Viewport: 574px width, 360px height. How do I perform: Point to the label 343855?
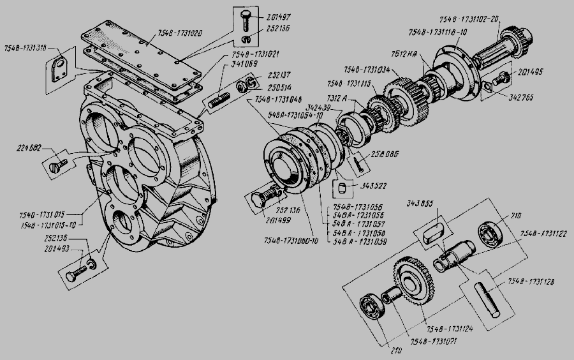pyautogui.click(x=420, y=204)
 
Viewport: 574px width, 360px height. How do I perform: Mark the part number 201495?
pyautogui.click(x=527, y=71)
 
